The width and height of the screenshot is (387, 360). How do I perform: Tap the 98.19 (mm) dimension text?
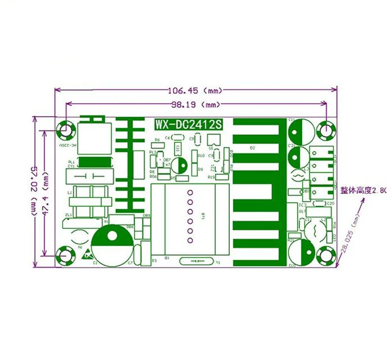(195, 105)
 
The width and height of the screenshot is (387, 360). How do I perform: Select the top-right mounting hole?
(326, 130)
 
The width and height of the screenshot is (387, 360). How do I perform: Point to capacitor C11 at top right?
(299, 132)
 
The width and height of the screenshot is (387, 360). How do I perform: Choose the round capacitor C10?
(300, 251)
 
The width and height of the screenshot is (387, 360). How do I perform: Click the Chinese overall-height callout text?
(363, 190)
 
